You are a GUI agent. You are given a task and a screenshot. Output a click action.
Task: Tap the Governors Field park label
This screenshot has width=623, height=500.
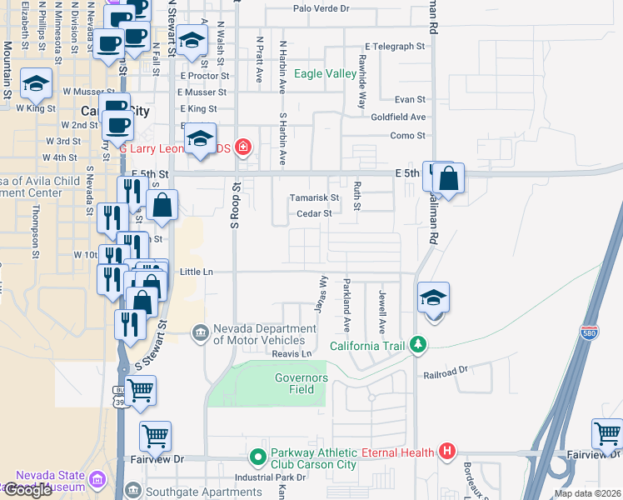302,383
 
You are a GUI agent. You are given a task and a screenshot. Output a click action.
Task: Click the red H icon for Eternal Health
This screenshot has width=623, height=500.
446,452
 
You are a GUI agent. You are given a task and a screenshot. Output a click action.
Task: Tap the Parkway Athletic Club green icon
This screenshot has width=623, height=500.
257,458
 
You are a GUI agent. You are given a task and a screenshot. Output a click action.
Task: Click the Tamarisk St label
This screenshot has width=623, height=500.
314,198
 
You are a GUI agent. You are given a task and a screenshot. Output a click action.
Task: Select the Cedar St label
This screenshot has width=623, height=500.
316,213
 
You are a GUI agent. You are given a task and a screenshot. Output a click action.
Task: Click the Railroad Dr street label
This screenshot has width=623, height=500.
446,367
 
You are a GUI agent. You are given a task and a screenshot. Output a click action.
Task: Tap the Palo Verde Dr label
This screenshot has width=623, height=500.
321,8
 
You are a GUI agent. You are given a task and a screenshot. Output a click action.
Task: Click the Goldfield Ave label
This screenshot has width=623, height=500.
398,117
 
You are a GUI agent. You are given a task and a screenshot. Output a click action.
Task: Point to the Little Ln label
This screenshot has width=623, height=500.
197,272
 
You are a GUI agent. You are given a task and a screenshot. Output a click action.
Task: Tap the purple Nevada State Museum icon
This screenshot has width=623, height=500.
97,481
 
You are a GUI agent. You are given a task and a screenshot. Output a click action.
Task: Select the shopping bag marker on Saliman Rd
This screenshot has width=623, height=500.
448,179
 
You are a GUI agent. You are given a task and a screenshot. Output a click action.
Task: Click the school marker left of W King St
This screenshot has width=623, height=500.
37,84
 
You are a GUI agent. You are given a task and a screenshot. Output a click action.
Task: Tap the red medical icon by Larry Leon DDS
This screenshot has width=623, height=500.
242,148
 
